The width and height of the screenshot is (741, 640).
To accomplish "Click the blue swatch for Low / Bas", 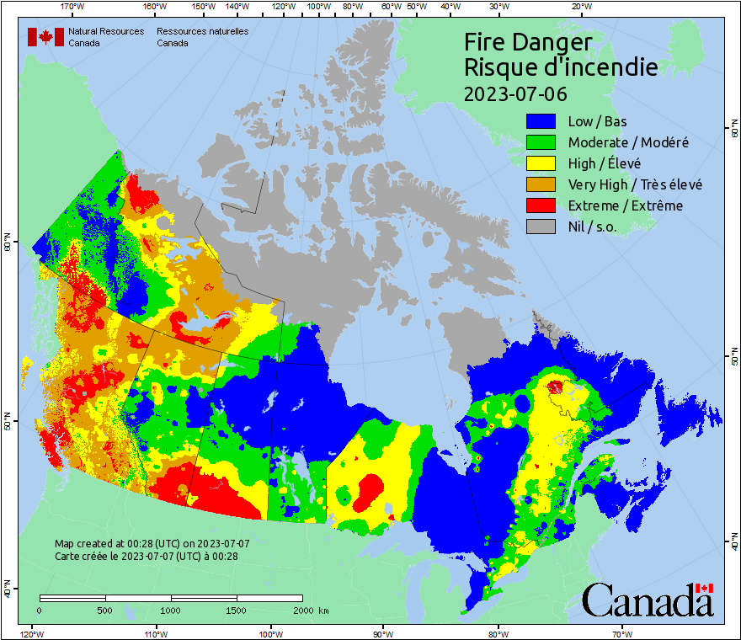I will (x=541, y=121).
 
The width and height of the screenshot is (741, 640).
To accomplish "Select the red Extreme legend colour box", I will (x=541, y=205).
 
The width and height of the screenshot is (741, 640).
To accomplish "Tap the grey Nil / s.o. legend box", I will (x=541, y=227).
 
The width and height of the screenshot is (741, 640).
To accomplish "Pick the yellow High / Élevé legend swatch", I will (x=541, y=163).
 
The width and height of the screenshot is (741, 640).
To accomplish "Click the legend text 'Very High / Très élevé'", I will (x=635, y=184).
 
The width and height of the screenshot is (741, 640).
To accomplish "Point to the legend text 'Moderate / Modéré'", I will (x=628, y=142).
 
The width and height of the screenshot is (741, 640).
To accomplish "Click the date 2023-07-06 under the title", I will (x=515, y=93).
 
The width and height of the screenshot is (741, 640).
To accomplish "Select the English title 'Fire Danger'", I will (x=528, y=42).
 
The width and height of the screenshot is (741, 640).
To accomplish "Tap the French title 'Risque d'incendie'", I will (x=561, y=67).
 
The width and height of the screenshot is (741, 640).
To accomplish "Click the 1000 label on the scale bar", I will (x=171, y=610).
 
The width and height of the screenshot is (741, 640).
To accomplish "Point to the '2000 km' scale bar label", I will (x=310, y=610).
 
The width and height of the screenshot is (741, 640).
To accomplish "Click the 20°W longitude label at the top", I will (x=580, y=7).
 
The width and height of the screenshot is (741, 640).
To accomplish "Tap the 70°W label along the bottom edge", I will (x=621, y=633).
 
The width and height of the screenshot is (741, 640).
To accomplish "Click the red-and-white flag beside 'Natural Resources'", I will (x=45, y=37).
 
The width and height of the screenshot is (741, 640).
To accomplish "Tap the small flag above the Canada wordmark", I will (x=704, y=588).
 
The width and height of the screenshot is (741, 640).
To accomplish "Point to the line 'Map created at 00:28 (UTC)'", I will (x=152, y=544).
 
